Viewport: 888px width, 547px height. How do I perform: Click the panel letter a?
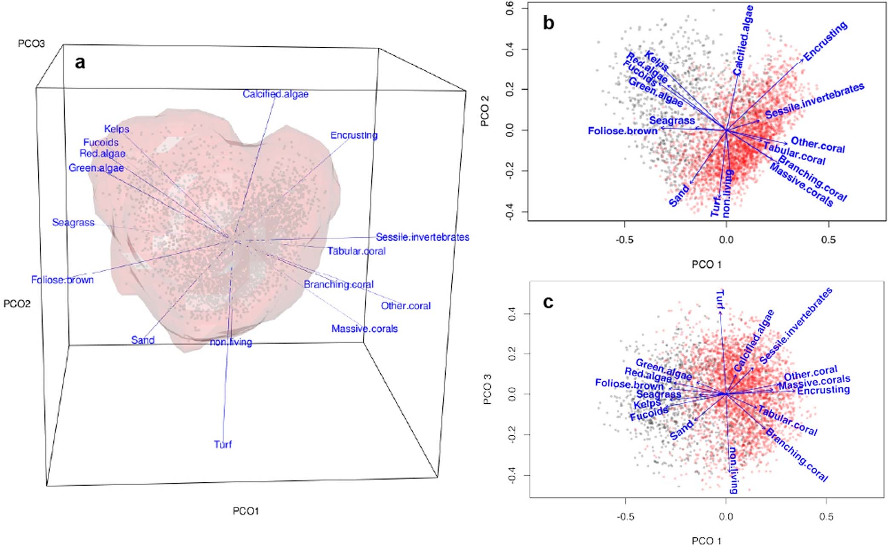(x=80, y=63)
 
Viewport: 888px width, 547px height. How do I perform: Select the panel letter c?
(x=548, y=302)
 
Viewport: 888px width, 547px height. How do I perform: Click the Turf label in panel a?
(x=223, y=444)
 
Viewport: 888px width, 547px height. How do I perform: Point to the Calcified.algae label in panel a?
(x=275, y=94)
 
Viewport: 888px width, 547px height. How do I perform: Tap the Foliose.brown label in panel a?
(x=62, y=280)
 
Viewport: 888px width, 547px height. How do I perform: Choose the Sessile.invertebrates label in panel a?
(x=422, y=237)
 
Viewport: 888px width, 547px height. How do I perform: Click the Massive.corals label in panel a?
(x=364, y=328)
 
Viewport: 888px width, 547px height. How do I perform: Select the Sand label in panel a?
(x=143, y=340)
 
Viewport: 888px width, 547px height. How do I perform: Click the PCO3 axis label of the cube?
(x=31, y=43)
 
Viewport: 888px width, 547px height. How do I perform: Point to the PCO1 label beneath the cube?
(x=246, y=510)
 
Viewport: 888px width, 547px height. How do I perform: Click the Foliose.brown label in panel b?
(x=623, y=131)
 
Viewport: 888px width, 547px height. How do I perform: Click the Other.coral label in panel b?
(x=818, y=144)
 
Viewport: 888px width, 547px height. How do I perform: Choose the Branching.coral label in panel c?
(x=796, y=455)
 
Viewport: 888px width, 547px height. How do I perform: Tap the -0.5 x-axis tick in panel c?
(x=625, y=517)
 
